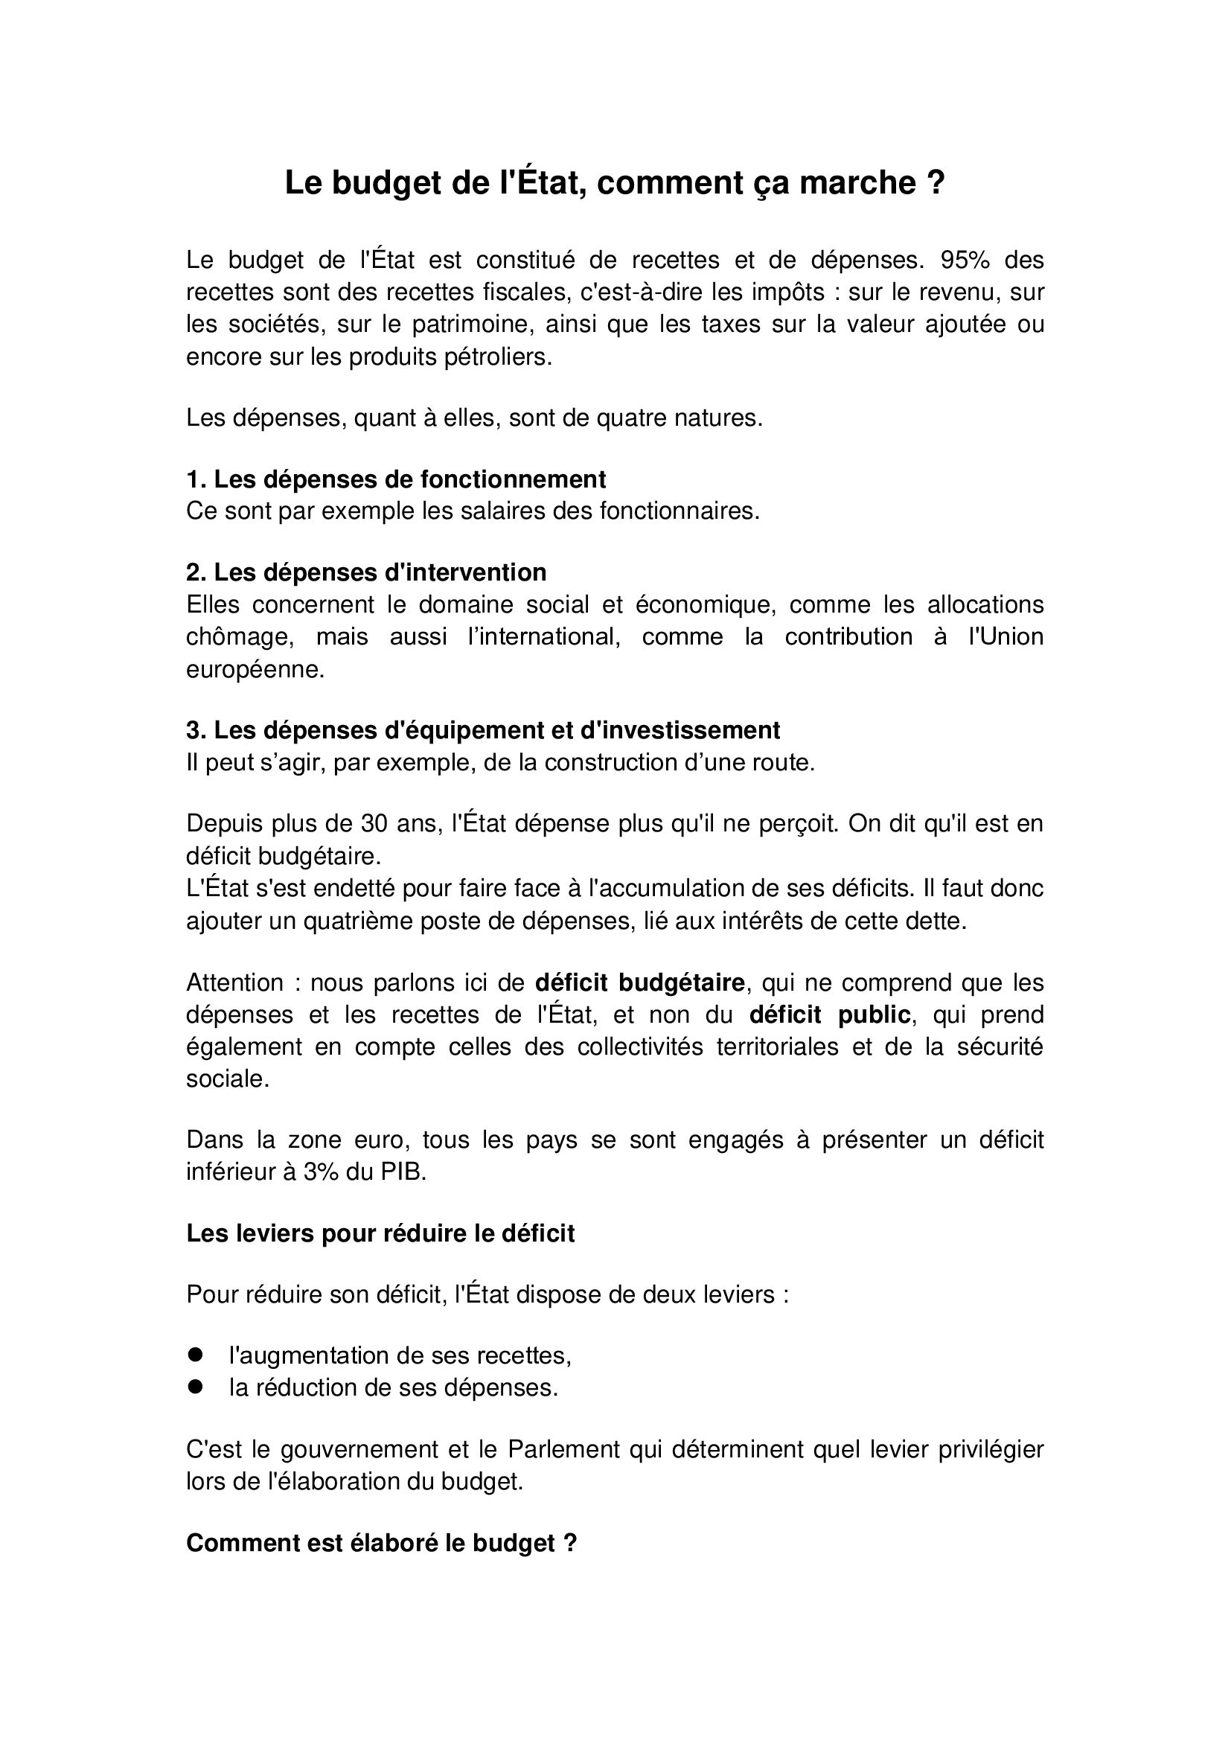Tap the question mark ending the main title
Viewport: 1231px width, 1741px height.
[x=936, y=184]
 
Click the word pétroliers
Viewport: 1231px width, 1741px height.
[x=499, y=357]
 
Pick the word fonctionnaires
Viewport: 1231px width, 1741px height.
[x=679, y=512]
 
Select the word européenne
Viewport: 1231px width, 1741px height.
[x=255, y=670]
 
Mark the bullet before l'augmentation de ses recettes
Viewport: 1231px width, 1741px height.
[x=196, y=1354]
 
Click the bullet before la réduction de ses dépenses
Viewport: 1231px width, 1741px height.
[x=196, y=1387]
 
